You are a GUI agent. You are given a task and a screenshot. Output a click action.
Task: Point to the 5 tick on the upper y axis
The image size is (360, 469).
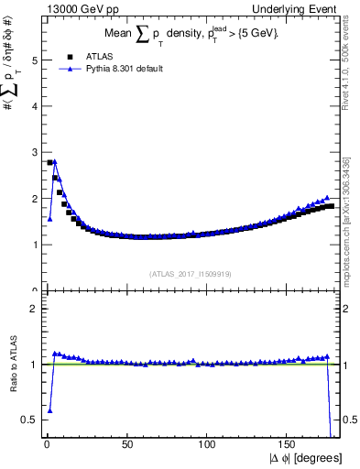(33, 60)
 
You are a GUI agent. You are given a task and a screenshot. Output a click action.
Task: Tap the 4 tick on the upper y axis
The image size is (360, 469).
(33, 106)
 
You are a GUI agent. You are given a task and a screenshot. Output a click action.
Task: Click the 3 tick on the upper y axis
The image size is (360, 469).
(33, 152)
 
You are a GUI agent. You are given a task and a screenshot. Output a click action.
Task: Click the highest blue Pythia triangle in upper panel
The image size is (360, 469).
(55, 162)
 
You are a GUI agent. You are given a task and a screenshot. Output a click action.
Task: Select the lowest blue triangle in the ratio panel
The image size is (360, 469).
(49, 410)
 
